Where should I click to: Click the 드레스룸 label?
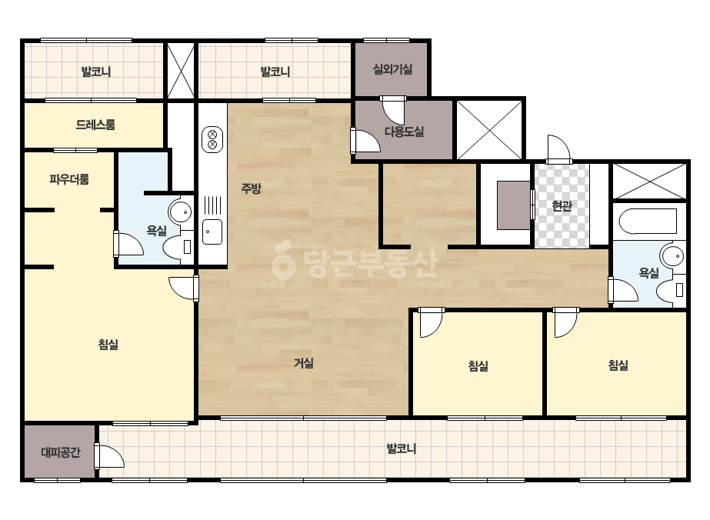[95, 125]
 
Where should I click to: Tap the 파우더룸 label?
[68, 179]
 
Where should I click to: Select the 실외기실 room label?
[392, 69]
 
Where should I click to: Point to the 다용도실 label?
[404, 132]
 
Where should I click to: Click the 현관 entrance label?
[562, 206]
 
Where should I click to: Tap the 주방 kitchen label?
[251, 188]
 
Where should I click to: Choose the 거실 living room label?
[303, 363]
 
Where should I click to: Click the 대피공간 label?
[61, 452]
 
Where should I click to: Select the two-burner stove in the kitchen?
[212, 139]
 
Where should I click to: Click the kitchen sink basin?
[212, 232]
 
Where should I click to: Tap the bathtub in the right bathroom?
[648, 221]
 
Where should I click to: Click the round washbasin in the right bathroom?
[672, 256]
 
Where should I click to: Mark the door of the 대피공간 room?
[108, 456]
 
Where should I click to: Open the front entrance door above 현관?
[558, 149]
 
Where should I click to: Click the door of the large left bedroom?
[183, 288]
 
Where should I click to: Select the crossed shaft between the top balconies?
[181, 70]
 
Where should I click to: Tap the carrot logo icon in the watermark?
[283, 261]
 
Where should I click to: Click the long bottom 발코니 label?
[402, 449]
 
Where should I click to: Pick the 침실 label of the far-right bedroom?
[618, 365]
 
